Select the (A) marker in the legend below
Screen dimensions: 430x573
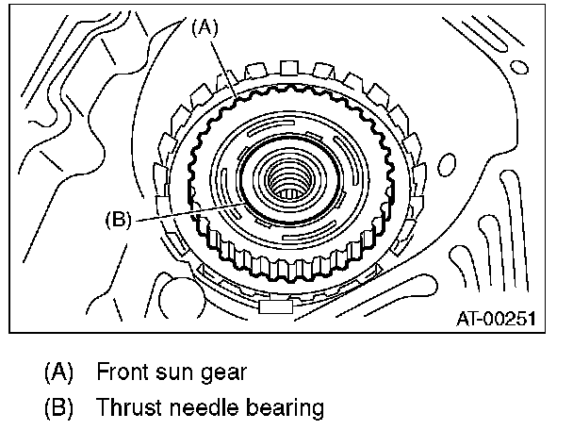click(58, 372)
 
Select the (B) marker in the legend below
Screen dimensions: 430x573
click(58, 408)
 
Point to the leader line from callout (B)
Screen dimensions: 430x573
click(188, 211)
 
